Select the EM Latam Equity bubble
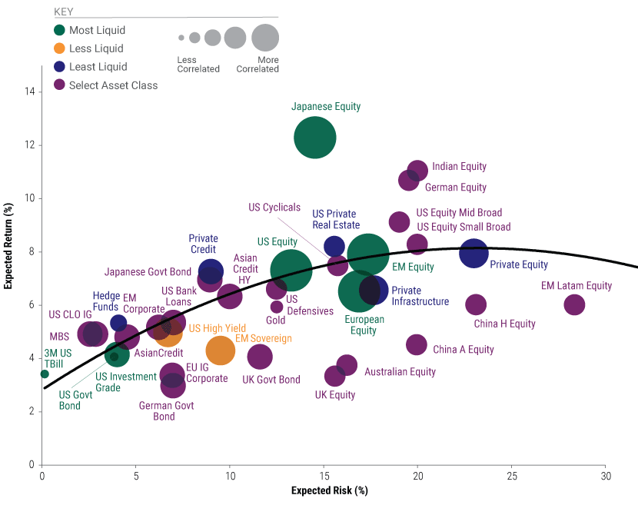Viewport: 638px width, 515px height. pos(574,304)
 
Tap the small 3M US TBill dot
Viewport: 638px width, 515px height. pos(45,374)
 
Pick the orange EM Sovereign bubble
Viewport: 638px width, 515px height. pos(220,351)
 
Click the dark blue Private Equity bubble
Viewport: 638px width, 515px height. pos(474,252)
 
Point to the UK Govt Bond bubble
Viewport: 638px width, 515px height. pos(261,357)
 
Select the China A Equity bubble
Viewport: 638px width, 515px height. pos(417,344)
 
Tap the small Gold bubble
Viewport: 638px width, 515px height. pos(277,307)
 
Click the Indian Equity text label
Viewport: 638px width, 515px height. pos(459,167)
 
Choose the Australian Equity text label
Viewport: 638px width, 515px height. pos(400,372)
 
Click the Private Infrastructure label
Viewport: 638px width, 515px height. pos(420,296)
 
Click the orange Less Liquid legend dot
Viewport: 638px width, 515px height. pos(59,48)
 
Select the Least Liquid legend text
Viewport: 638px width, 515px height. pos(97,67)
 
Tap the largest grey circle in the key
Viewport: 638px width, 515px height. pos(265,37)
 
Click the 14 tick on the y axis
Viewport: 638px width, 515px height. pos(30,91)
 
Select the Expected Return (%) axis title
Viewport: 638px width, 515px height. pos(8,251)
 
